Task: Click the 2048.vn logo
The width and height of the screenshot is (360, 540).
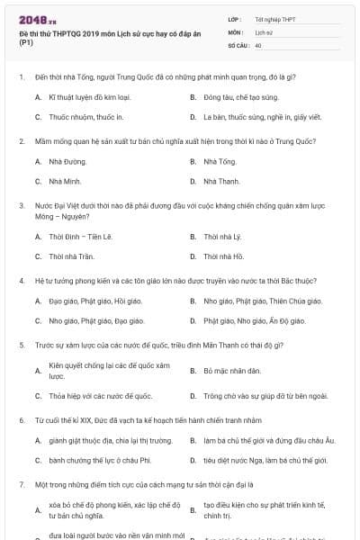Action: [x=35, y=19]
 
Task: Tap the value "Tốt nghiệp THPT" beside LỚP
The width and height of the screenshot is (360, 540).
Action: [x=275, y=18]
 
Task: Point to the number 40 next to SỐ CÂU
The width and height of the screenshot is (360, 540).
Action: [x=258, y=44]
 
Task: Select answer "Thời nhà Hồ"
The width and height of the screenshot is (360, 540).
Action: [x=224, y=257]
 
